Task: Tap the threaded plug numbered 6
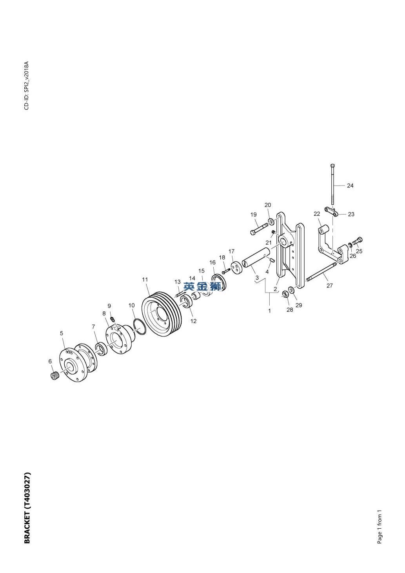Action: pyautogui.click(x=54, y=376)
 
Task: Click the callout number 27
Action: pyautogui.click(x=330, y=285)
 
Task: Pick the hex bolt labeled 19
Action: pyautogui.click(x=259, y=229)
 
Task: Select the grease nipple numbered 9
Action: pyautogui.click(x=112, y=318)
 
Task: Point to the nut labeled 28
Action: pyautogui.click(x=285, y=294)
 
